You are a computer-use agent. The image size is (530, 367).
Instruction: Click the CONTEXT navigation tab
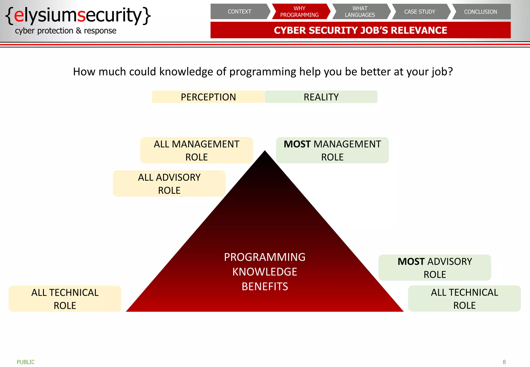pos(239,12)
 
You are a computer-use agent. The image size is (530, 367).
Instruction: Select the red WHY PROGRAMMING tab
pos(299,12)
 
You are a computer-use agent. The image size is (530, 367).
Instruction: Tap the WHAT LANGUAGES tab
pos(360,12)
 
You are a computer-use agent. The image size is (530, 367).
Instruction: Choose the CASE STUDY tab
pos(420,12)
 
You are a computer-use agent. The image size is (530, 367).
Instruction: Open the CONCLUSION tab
pos(480,12)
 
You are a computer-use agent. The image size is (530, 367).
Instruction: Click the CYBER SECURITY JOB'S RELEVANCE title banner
pos(360,30)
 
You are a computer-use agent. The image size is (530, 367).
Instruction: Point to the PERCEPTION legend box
pos(208,97)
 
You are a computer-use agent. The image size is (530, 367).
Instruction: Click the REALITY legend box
pos(321,97)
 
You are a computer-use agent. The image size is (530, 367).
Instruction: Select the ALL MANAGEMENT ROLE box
pos(196,150)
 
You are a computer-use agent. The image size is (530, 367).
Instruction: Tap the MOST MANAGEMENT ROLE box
pos(332,150)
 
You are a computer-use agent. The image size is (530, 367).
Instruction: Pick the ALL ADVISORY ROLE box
pos(169,184)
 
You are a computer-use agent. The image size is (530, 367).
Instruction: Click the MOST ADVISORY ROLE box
pos(435,268)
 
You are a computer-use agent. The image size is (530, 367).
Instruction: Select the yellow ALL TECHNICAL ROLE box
pos(65,299)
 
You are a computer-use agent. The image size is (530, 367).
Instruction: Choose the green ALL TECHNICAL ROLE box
pos(465,299)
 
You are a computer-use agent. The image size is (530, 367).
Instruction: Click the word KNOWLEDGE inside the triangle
pos(265,272)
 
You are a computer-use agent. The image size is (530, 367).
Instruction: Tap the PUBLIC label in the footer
pos(26,362)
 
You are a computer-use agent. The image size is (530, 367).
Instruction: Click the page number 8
pos(504,362)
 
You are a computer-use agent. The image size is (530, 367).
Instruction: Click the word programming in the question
pos(263,72)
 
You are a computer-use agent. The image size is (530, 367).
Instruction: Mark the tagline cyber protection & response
pos(65,31)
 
